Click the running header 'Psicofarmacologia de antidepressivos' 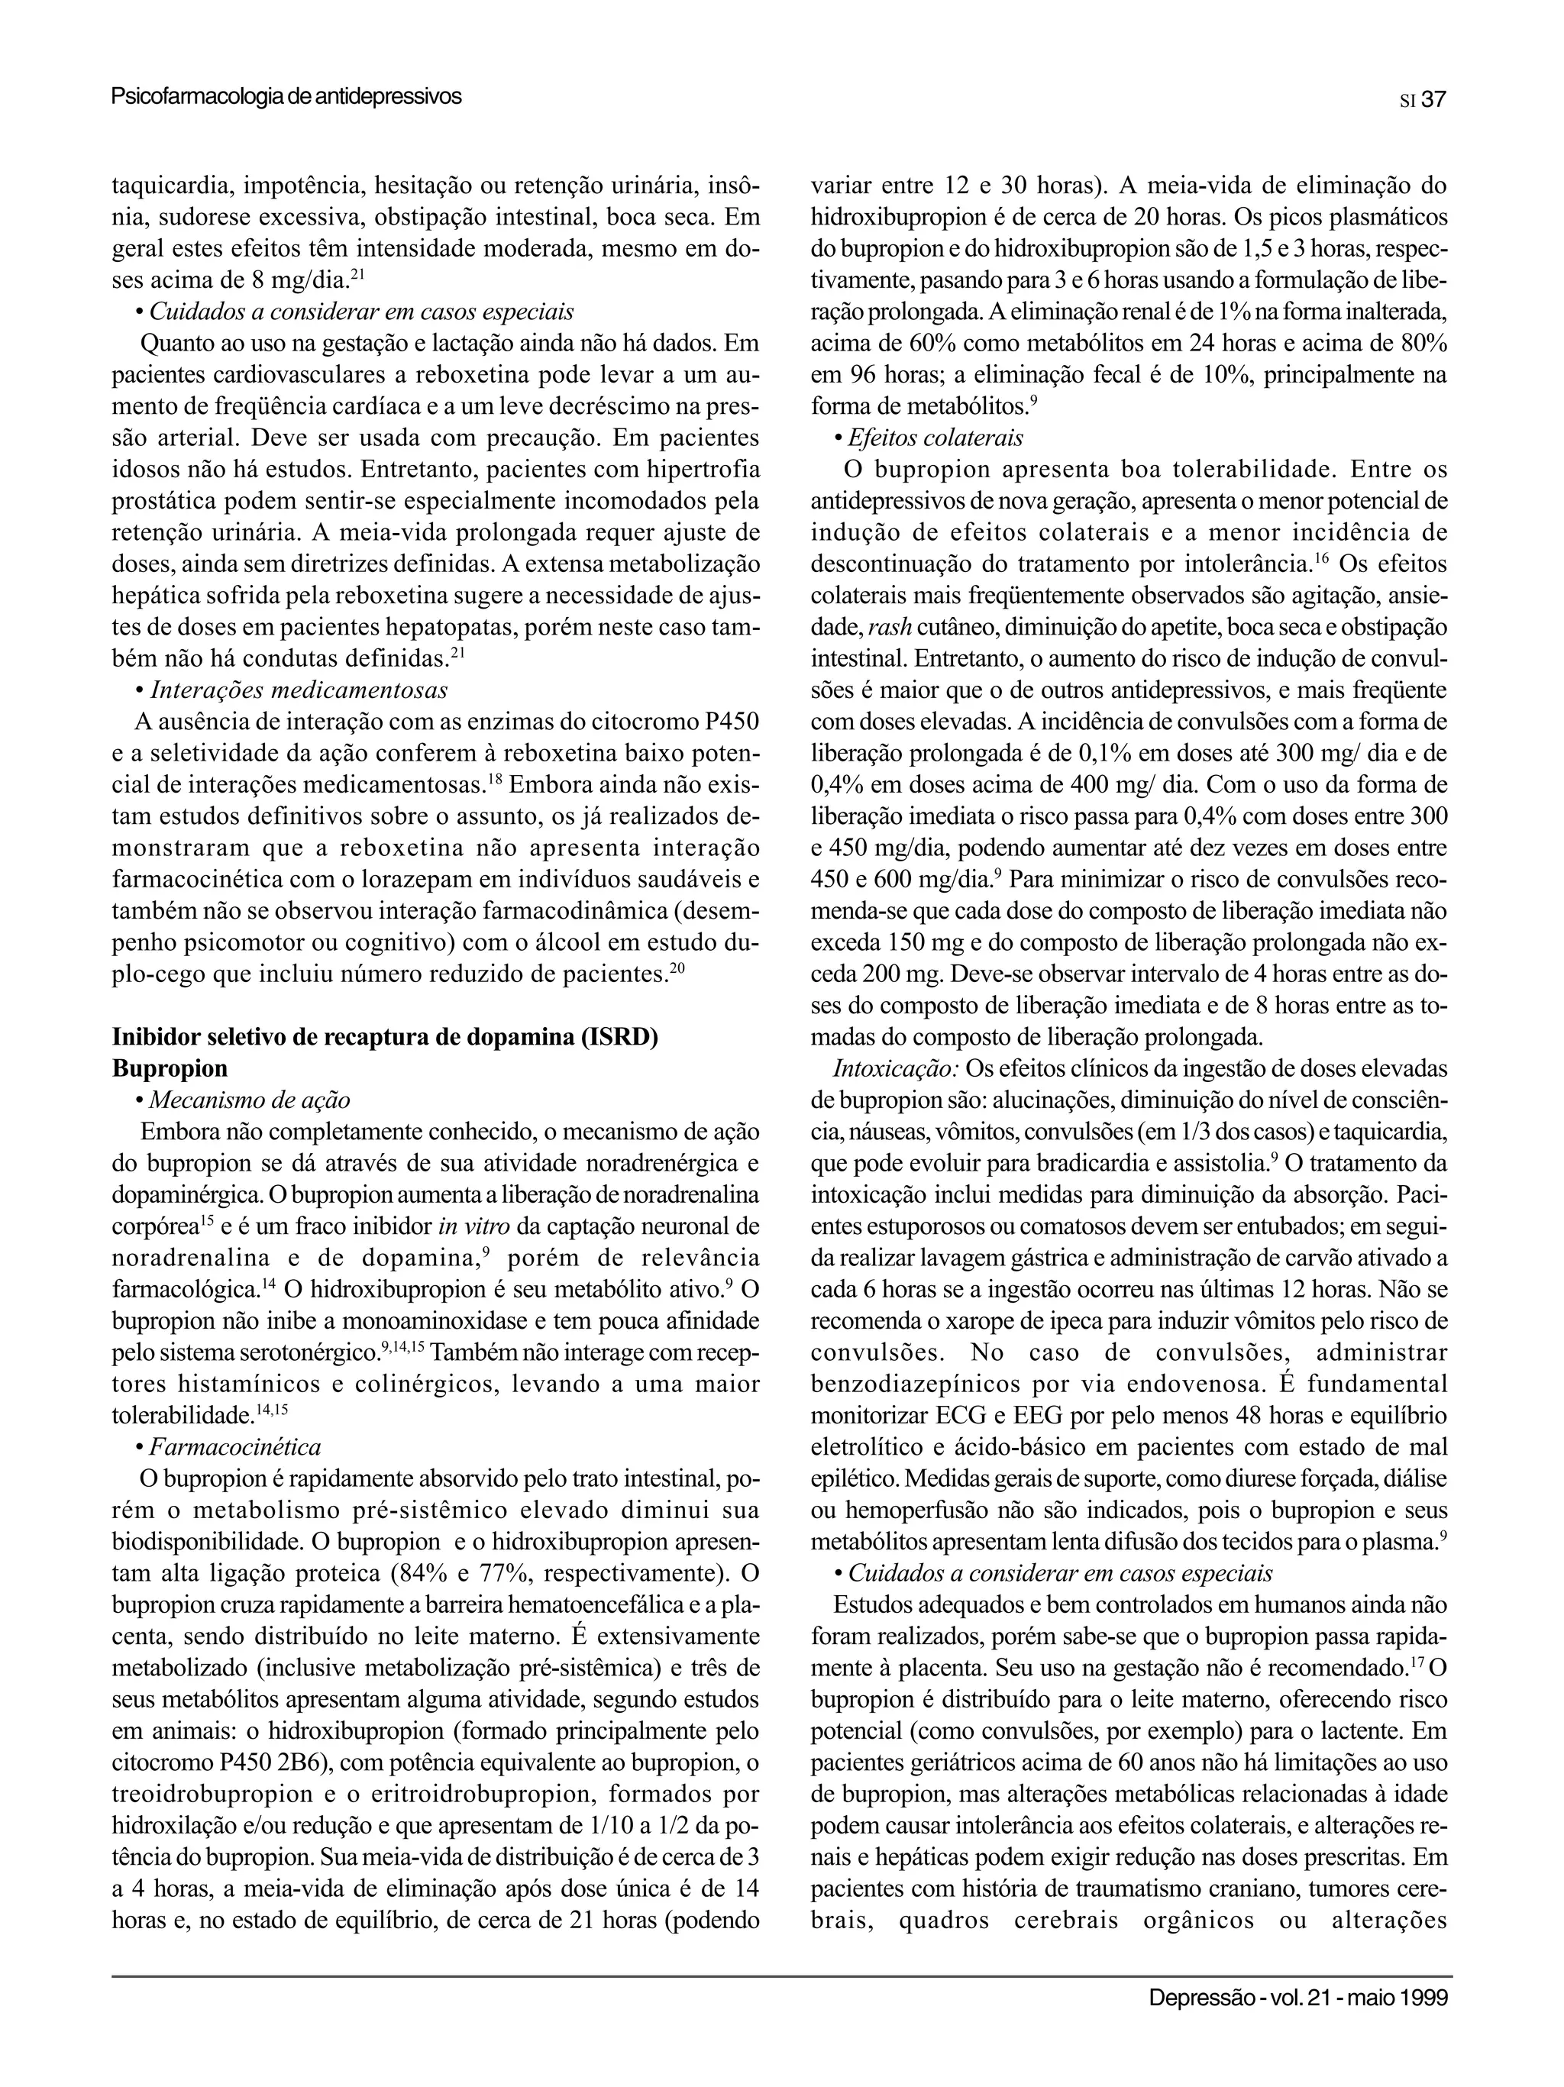(286, 96)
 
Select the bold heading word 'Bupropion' (170, 1068)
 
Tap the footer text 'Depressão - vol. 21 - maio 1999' (1297, 1998)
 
